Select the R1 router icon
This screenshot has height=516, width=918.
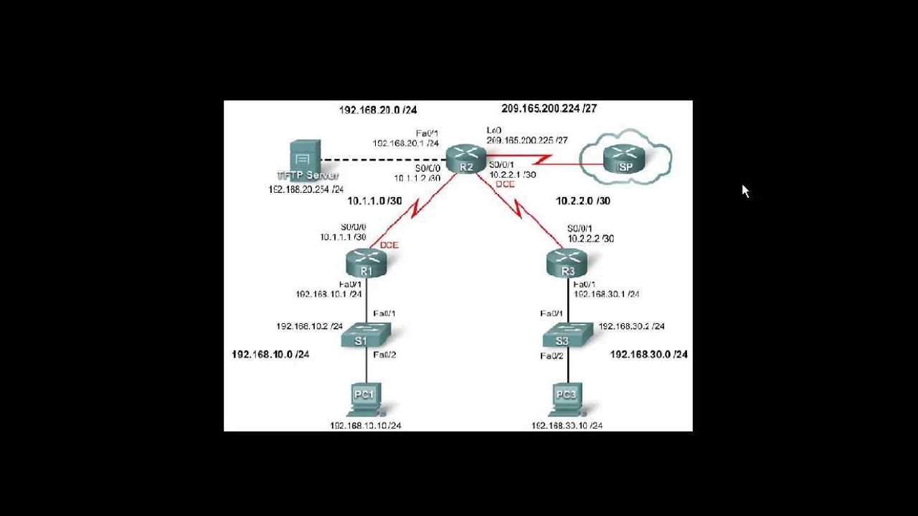tap(366, 263)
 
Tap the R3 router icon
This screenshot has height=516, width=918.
tap(567, 263)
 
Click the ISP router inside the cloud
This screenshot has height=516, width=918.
tap(625, 159)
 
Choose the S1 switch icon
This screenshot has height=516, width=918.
tap(365, 335)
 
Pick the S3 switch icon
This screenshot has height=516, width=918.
tap(567, 335)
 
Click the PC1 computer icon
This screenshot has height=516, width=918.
tap(365, 399)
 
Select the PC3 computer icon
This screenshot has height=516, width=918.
tap(567, 399)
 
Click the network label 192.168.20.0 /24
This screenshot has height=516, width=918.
tap(377, 110)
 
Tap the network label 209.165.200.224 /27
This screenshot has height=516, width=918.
tap(549, 109)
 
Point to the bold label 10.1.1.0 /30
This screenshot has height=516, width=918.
tap(374, 201)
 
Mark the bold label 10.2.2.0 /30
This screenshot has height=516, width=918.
tap(583, 201)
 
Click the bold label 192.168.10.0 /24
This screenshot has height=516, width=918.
tap(270, 354)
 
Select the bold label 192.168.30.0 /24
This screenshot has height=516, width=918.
tap(648, 354)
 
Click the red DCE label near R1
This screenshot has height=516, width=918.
tap(389, 245)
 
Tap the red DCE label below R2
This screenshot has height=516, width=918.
tap(506, 184)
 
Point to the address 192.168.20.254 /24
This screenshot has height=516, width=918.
tap(306, 189)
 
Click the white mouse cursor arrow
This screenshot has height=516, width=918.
tap(745, 191)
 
